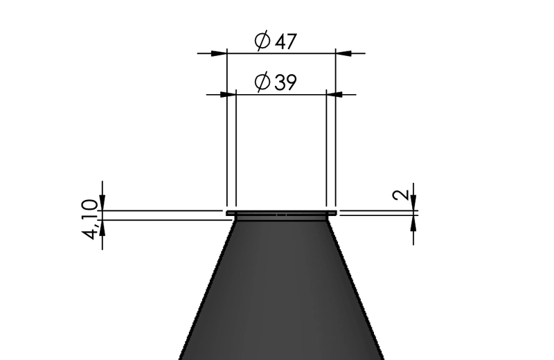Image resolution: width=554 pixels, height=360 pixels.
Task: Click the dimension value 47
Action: pyautogui.click(x=286, y=42)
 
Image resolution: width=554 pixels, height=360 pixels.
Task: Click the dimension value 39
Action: pyautogui.click(x=285, y=82)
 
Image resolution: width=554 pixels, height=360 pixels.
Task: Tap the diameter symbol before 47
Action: pyautogui.click(x=262, y=41)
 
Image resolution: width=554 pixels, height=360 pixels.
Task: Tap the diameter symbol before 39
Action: pyautogui.click(x=262, y=82)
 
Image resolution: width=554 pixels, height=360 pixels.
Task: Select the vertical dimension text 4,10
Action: pyautogui.click(x=90, y=219)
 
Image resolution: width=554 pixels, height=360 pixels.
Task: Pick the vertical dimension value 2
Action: pyautogui.click(x=401, y=195)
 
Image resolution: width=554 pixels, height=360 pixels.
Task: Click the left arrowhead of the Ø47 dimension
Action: pyautogui.click(x=219, y=53)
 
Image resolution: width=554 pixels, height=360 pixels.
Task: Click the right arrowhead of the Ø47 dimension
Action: pyautogui.click(x=343, y=53)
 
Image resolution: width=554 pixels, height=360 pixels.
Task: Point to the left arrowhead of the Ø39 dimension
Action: pyautogui.click(x=228, y=95)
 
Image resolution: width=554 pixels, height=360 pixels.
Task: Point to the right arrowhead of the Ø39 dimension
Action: pyautogui.click(x=334, y=95)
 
